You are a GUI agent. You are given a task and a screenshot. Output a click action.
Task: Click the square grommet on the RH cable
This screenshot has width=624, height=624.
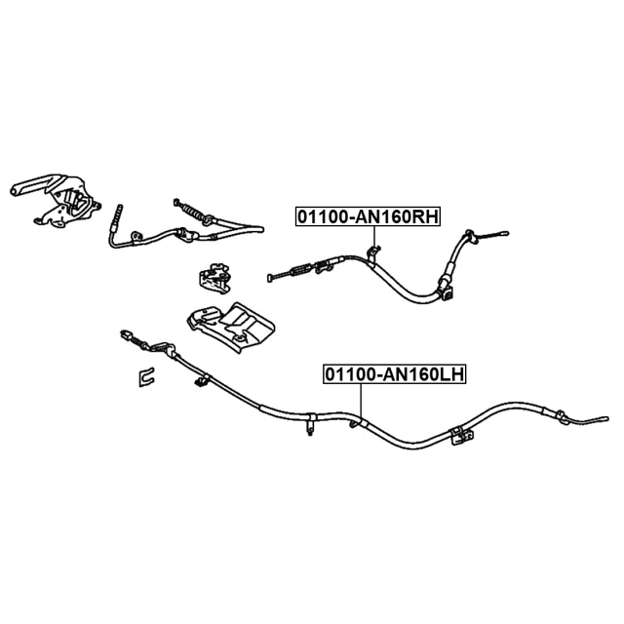pyautogui.click(x=447, y=290)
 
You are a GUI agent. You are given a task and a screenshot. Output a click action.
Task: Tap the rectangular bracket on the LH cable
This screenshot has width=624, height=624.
pyautogui.click(x=457, y=432)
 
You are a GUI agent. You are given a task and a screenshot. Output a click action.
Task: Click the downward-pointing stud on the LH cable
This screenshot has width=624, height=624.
pyautogui.click(x=310, y=425)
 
